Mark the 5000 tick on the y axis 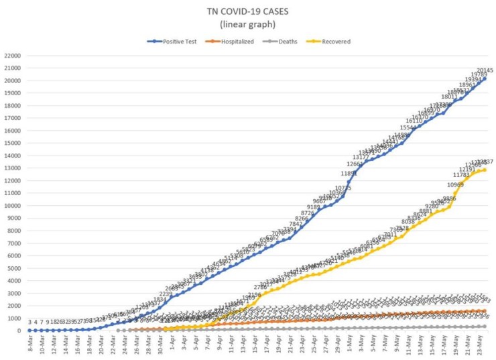click(15, 268)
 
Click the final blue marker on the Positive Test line click(485, 78)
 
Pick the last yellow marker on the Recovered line click(485, 170)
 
